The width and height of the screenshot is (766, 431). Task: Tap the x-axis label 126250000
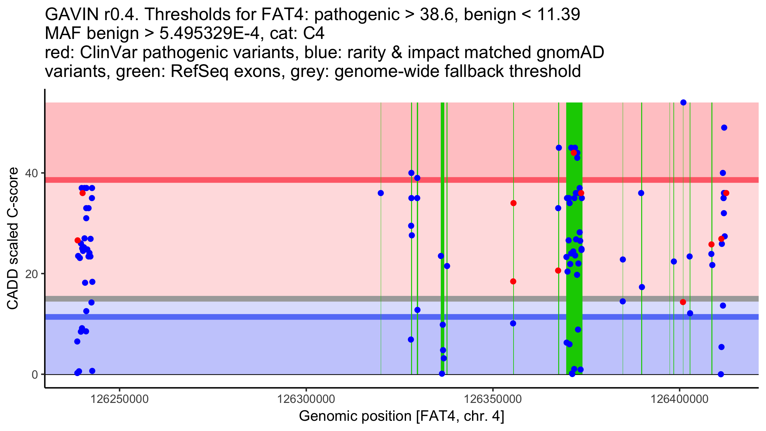120,399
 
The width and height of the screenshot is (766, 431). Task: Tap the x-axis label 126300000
306,399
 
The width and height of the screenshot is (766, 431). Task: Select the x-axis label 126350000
493,399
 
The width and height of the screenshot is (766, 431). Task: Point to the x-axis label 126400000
680,399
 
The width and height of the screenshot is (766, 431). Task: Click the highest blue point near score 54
683,102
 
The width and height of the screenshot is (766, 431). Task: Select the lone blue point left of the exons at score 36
381,193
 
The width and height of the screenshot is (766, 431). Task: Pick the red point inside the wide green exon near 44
574,153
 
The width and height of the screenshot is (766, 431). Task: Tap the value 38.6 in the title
437,14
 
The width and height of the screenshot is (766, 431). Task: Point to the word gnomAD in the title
570,52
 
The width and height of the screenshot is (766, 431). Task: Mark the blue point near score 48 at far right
724,128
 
